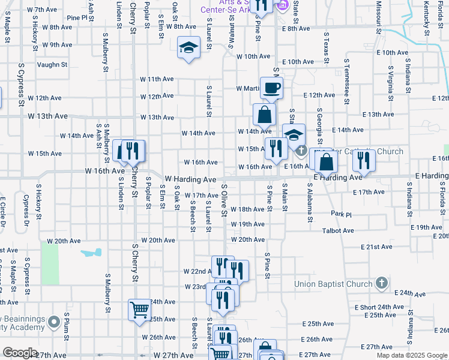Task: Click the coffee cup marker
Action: [271, 88]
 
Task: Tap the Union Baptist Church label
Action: [333, 284]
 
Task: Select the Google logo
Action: [20, 353]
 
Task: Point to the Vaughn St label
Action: [52, 65]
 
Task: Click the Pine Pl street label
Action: [77, 18]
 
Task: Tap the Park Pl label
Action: [340, 214]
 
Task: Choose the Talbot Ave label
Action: [338, 230]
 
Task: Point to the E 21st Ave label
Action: [376, 247]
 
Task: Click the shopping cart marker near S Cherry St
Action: [139, 310]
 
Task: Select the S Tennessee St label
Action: [347, 82]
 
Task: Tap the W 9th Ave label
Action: [57, 45]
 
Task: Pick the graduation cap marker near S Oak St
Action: [189, 48]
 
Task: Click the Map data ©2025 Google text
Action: [412, 355]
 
